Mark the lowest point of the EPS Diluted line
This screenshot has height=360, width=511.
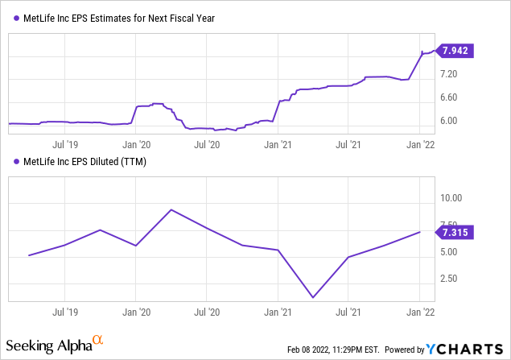(x=312, y=298)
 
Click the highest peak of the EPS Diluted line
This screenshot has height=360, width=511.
(x=171, y=209)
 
